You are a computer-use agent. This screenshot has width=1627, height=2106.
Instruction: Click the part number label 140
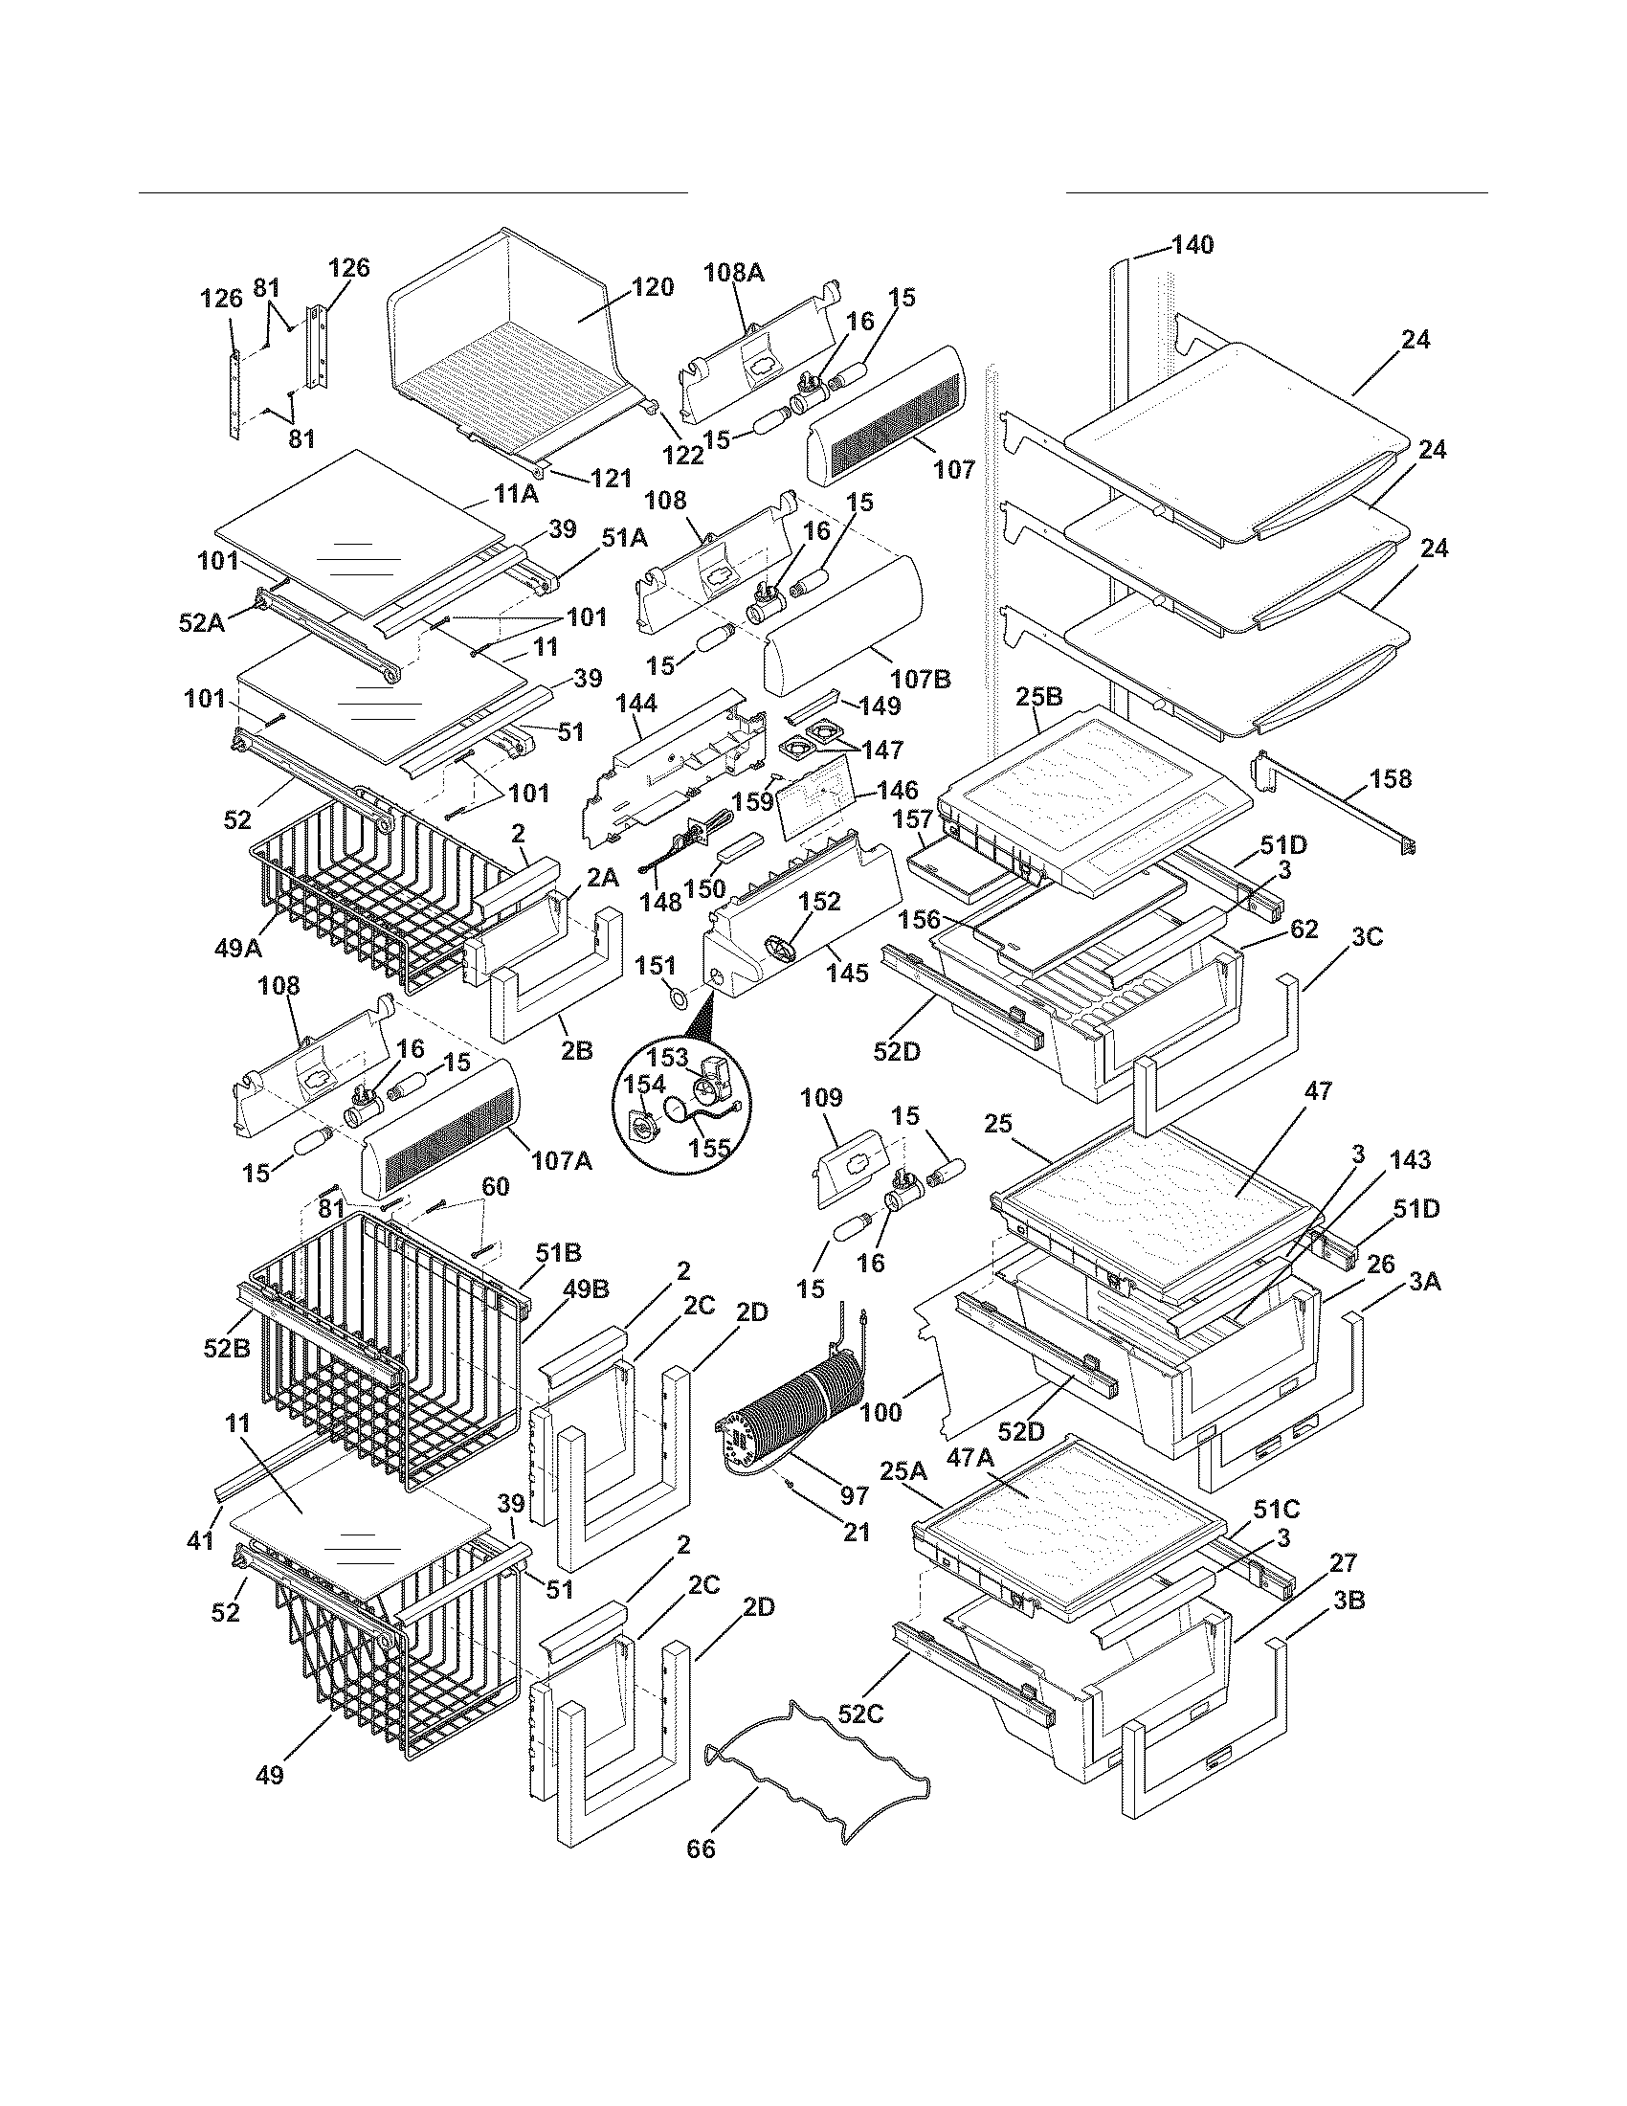(x=1192, y=245)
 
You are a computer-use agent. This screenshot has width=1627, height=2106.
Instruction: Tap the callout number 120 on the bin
(x=652, y=287)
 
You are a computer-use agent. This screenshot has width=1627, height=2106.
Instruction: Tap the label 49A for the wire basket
(x=238, y=949)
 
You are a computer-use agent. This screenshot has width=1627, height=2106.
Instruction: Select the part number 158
(x=1390, y=778)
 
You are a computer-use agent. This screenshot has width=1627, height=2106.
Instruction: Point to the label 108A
(x=733, y=273)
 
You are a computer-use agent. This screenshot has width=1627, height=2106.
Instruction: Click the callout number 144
(x=636, y=705)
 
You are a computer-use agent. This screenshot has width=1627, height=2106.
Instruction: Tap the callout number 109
(x=820, y=1098)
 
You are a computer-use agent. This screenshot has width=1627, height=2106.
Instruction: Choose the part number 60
(x=495, y=1187)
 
